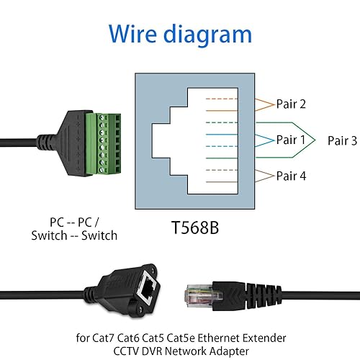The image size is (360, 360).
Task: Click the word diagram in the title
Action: tap(209, 34)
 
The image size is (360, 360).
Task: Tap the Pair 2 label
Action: tap(291, 104)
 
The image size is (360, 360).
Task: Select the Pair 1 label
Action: tap(291, 140)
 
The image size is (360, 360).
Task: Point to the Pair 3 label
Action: tap(342, 141)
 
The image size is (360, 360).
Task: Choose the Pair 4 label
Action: tap(291, 176)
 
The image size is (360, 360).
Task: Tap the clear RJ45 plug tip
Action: tap(197, 294)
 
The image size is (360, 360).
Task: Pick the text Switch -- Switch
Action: tap(73, 235)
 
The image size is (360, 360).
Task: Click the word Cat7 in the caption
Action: tap(106, 337)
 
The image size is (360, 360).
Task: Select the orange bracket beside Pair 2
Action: tap(262, 104)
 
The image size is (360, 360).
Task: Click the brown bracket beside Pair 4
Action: tap(262, 176)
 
